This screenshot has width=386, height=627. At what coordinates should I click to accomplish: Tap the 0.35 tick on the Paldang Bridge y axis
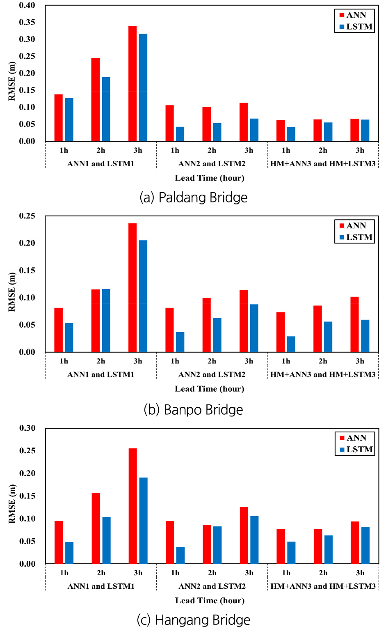click(x=27, y=22)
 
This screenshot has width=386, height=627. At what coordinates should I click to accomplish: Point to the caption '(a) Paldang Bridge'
click(x=193, y=198)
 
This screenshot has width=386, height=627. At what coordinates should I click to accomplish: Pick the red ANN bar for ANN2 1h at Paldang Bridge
click(x=169, y=123)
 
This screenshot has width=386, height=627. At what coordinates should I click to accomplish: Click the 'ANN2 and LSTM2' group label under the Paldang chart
click(x=212, y=163)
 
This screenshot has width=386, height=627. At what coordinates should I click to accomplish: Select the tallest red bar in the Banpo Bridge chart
click(x=132, y=287)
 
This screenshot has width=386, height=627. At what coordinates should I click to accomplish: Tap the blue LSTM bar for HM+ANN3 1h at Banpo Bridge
click(x=291, y=344)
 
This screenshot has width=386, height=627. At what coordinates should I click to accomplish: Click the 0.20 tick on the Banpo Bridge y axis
click(x=27, y=243)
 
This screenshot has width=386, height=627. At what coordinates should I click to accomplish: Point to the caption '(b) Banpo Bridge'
click(x=193, y=409)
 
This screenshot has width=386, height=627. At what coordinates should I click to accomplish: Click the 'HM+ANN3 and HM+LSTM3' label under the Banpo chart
click(x=323, y=374)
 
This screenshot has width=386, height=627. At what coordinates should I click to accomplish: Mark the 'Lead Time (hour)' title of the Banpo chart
click(x=210, y=388)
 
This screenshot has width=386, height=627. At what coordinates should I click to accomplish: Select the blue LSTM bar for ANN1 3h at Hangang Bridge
click(x=143, y=521)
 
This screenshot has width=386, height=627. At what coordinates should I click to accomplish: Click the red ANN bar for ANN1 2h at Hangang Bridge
click(x=96, y=528)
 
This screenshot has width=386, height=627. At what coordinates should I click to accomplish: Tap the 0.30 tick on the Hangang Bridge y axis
click(x=27, y=428)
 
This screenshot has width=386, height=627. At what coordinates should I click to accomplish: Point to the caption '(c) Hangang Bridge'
click(x=193, y=620)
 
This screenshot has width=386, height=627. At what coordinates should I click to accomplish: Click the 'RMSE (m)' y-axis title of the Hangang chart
click(x=12, y=504)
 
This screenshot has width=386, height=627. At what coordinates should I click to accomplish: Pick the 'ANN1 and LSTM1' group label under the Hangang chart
click(x=101, y=586)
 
